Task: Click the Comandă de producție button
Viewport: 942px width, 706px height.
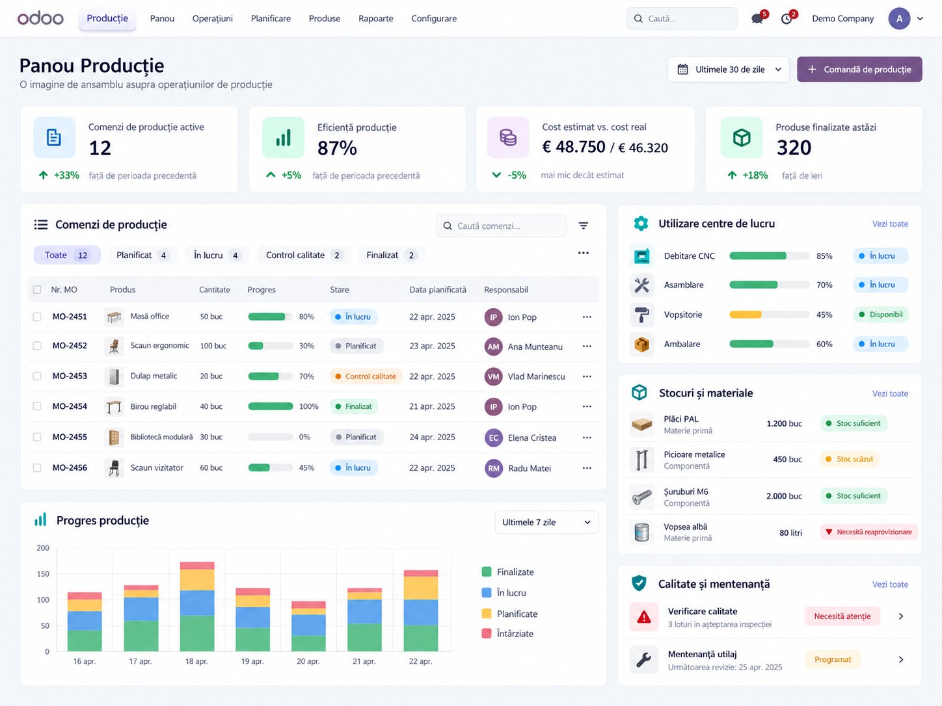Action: (x=859, y=70)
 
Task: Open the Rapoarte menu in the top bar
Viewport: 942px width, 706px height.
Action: (x=375, y=18)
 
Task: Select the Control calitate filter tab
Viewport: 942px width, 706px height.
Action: (x=304, y=255)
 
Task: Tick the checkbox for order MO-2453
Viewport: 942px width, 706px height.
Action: (x=37, y=376)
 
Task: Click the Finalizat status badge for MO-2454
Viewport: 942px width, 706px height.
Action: (x=354, y=406)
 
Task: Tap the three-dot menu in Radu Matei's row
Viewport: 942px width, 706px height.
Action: (x=587, y=468)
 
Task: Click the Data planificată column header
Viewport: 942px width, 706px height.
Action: (x=437, y=290)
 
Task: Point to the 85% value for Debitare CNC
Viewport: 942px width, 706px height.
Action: (x=824, y=256)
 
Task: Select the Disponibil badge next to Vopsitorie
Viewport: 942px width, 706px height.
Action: (x=881, y=315)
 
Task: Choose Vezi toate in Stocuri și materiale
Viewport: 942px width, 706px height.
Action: (x=890, y=393)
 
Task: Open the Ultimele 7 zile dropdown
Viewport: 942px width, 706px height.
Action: (x=546, y=522)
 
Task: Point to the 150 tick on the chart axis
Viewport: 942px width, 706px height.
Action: (x=43, y=574)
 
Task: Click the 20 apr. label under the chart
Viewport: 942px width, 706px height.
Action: (x=308, y=661)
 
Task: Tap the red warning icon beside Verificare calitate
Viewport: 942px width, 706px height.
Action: (x=644, y=617)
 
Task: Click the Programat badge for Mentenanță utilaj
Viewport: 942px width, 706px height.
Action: (x=833, y=659)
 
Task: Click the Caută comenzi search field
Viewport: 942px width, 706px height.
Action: (x=501, y=226)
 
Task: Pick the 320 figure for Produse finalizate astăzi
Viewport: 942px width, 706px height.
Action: (x=794, y=148)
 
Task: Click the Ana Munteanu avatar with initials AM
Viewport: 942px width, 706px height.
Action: (x=493, y=346)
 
